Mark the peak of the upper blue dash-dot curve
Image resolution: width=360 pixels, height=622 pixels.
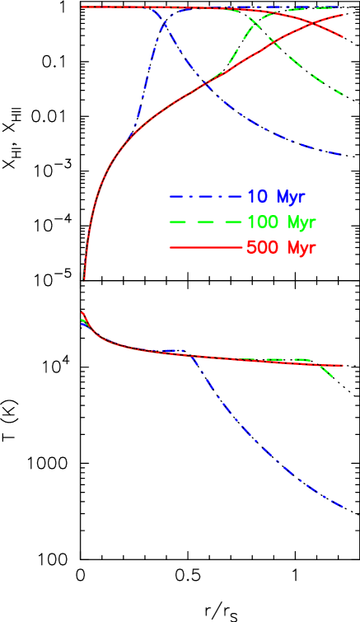pyautogui.click(x=164, y=26)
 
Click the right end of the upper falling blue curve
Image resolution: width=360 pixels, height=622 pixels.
pyautogui.click(x=342, y=155)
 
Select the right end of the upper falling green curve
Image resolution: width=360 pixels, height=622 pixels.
pyautogui.click(x=342, y=94)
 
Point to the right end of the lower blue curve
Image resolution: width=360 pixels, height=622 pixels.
pyautogui.click(x=342, y=507)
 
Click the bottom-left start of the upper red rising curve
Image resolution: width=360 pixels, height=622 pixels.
pyautogui.click(x=84, y=279)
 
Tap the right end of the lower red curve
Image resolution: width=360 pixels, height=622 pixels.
pyautogui.click(x=342, y=365)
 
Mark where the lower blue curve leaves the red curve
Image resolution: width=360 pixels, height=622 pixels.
pyautogui.click(x=192, y=356)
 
